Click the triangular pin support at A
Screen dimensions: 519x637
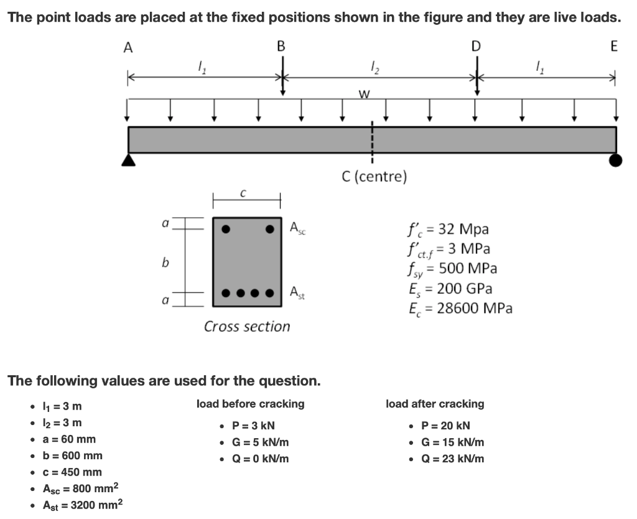pyautogui.click(x=129, y=160)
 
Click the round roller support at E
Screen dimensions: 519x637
pyautogui.click(x=615, y=161)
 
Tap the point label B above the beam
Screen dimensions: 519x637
pyautogui.click(x=281, y=46)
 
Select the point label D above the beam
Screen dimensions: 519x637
pyautogui.click(x=477, y=46)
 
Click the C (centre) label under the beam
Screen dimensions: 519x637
pyautogui.click(x=374, y=177)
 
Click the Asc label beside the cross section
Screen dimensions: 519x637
pyautogui.click(x=298, y=228)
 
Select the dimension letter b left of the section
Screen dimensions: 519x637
pyautogui.click(x=165, y=263)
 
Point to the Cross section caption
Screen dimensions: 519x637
pyautogui.click(x=247, y=326)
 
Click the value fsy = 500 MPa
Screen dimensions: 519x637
pyautogui.click(x=451, y=269)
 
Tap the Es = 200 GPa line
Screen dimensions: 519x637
pyautogui.click(x=449, y=289)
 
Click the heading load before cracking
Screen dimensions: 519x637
pyautogui.click(x=250, y=404)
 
